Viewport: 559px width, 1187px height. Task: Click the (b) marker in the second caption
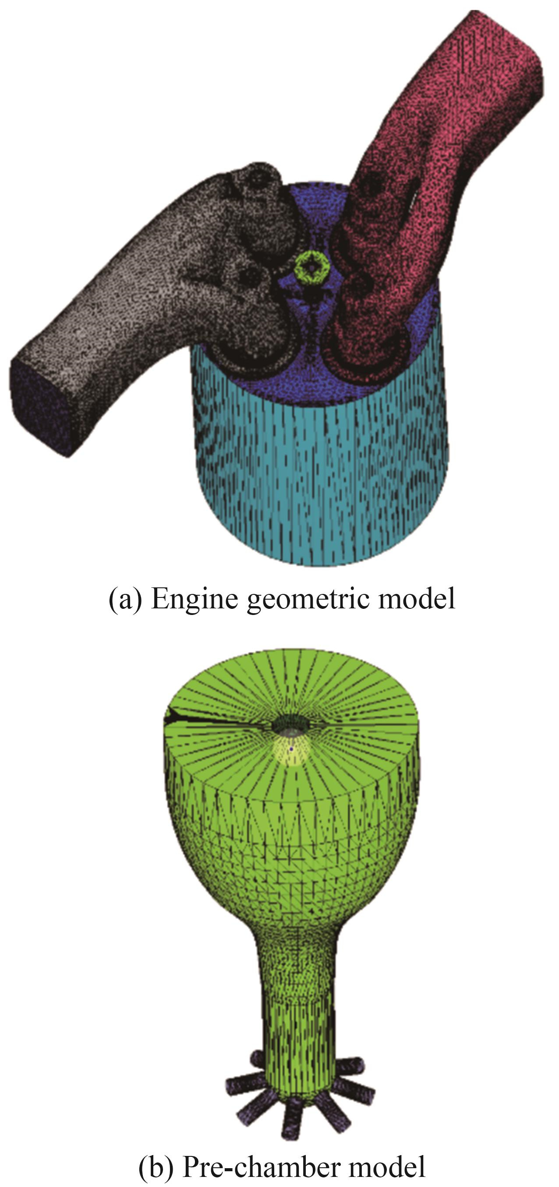click(156, 1166)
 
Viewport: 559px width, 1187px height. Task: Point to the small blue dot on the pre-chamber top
click(291, 750)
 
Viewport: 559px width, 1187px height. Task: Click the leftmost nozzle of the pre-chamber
click(242, 1082)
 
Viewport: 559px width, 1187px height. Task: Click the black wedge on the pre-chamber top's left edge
click(177, 715)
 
